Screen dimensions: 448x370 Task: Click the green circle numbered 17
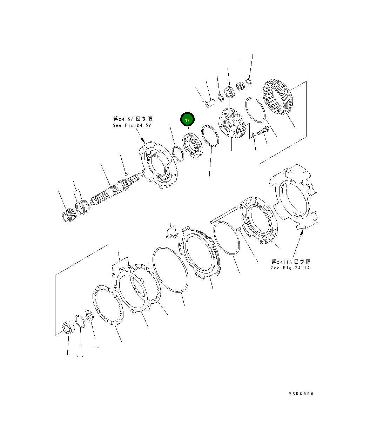pyautogui.click(x=187, y=120)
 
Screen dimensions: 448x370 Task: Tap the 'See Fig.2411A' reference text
pyautogui.click(x=290, y=268)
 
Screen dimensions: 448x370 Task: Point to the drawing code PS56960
pyautogui.click(x=301, y=394)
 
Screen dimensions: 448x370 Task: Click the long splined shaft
pyautogui.click(x=116, y=192)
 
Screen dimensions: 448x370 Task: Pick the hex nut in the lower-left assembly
pyautogui.click(x=89, y=315)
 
